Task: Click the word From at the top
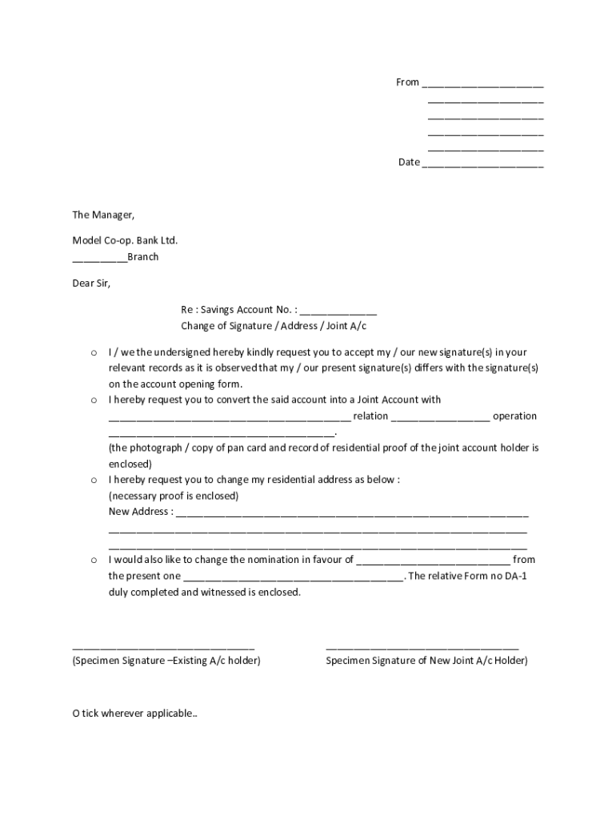coord(407,82)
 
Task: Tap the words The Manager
coord(103,215)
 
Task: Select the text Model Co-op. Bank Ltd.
coord(125,240)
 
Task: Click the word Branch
coord(143,257)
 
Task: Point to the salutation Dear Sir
coord(91,283)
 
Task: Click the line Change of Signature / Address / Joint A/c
coord(273,326)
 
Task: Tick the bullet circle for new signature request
coord(94,352)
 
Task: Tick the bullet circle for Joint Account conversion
coord(94,400)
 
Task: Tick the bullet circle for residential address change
coord(94,480)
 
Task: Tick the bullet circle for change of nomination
coord(94,560)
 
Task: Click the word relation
coord(370,416)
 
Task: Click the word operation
coord(514,416)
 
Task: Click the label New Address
coord(139,512)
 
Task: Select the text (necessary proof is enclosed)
coord(174,496)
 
